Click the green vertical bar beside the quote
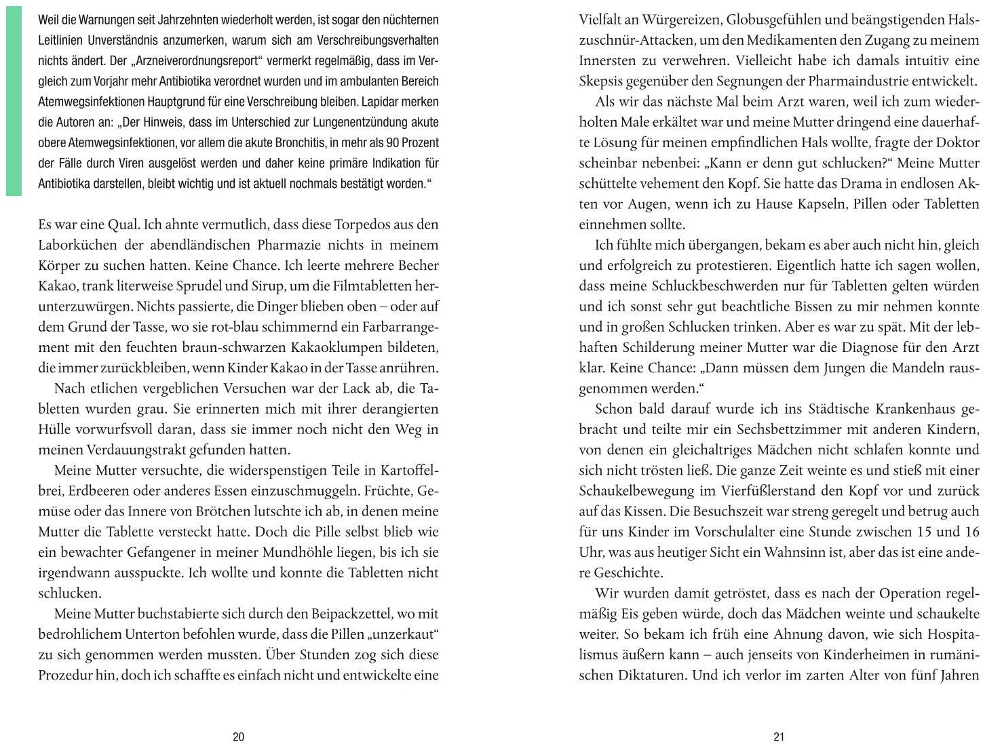[14, 98]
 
